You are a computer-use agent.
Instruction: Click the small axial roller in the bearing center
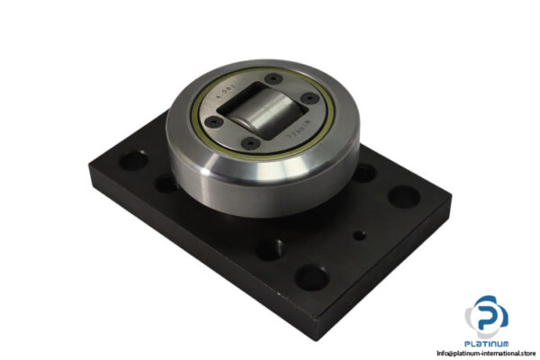pos(260,114)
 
